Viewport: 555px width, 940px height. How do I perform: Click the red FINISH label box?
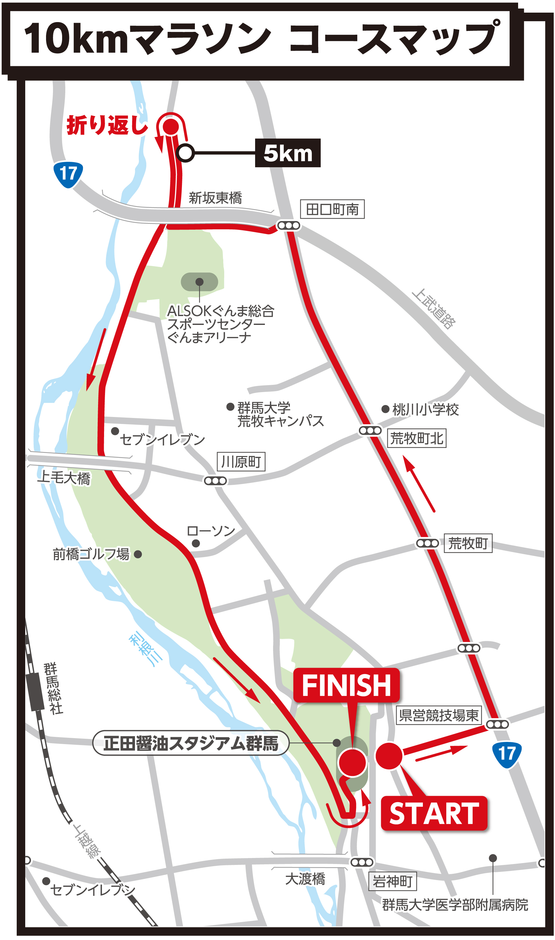(x=346, y=685)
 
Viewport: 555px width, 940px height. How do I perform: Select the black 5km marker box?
(x=288, y=153)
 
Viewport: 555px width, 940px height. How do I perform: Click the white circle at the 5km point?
(x=185, y=153)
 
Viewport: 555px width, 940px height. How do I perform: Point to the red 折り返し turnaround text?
(x=107, y=125)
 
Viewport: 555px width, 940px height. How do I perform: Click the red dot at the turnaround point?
(x=171, y=126)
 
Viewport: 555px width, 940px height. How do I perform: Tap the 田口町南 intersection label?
(x=332, y=209)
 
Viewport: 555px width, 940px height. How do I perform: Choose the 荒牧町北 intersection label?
(x=416, y=438)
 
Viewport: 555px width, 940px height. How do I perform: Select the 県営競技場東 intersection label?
(x=439, y=715)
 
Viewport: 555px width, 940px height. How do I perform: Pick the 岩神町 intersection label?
(x=392, y=882)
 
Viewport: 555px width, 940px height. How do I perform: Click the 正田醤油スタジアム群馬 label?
(x=191, y=743)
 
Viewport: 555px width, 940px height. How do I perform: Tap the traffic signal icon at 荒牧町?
(x=427, y=543)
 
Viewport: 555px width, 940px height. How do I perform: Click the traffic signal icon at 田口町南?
(x=288, y=226)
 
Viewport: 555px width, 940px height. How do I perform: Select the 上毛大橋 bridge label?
(x=64, y=478)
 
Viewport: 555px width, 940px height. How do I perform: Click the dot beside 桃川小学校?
(x=385, y=409)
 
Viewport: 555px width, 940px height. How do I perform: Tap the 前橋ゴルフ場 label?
(x=91, y=554)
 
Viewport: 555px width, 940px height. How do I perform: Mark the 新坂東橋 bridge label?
(x=215, y=198)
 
